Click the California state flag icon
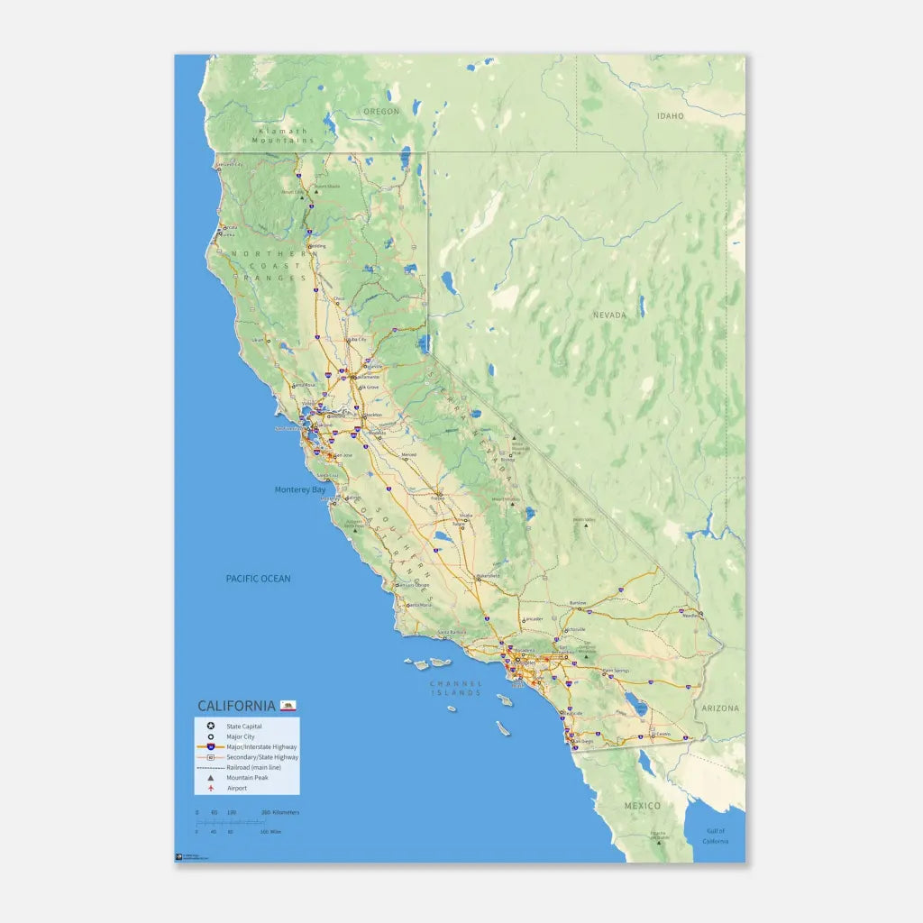pyautogui.click(x=288, y=705)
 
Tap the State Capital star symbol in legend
pyautogui.click(x=211, y=726)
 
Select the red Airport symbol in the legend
pyautogui.click(x=211, y=788)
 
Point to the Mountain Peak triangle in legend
pyautogui.click(x=211, y=777)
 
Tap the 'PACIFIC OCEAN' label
pyautogui.click(x=258, y=579)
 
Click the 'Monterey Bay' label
pyautogui.click(x=300, y=489)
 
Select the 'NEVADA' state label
pyautogui.click(x=609, y=315)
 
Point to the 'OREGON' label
pyautogui.click(x=380, y=112)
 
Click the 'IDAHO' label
pyautogui.click(x=670, y=116)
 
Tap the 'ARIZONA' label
pyautogui.click(x=721, y=708)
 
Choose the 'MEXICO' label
pyautogui.click(x=643, y=806)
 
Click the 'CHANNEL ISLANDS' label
pyautogui.click(x=455, y=689)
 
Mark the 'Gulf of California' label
pyautogui.click(x=716, y=836)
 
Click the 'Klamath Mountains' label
pyautogui.click(x=283, y=136)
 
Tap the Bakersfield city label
pyautogui.click(x=489, y=575)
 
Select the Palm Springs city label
pyautogui.click(x=617, y=671)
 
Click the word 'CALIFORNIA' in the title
pyautogui.click(x=236, y=705)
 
